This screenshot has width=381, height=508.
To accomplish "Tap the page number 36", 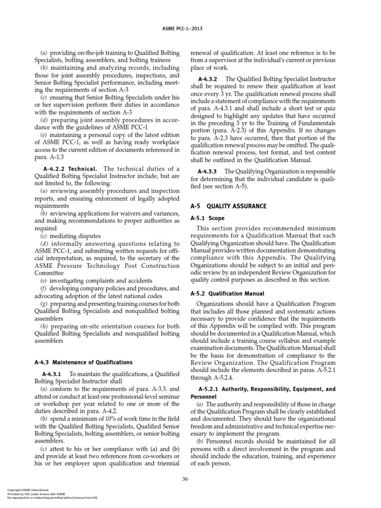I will tap(185, 478).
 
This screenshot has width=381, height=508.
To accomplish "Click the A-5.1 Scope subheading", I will tap(207, 218).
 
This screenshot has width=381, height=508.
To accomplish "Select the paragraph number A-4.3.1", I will tap(52, 373).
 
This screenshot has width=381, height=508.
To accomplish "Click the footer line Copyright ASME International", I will tap(28, 490).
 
